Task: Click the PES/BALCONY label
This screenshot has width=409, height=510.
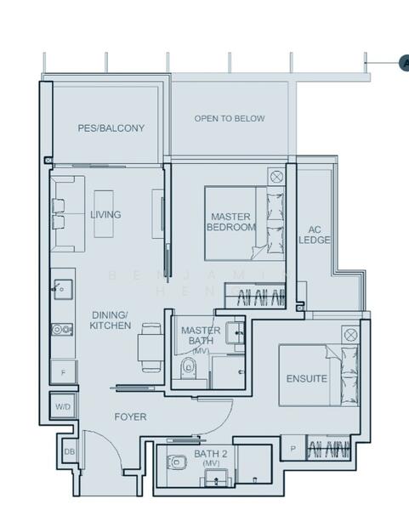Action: coord(111,128)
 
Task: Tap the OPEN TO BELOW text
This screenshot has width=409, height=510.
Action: coord(229,119)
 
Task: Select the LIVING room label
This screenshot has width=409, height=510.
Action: coord(105,214)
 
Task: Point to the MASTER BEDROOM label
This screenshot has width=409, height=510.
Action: coord(231,223)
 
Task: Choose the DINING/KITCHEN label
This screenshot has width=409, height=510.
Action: coord(111,320)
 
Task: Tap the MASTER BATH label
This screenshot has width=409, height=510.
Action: coord(201,336)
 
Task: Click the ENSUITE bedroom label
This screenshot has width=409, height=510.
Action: coord(306,379)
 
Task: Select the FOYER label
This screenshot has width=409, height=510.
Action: coord(131,417)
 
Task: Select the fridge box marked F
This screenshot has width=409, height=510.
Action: coord(63,372)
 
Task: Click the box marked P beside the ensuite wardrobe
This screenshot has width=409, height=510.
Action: coord(293,448)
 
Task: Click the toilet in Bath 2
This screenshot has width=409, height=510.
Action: coord(179,463)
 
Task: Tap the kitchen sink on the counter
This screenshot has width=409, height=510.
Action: coord(63,289)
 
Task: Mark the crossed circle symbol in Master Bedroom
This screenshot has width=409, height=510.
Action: coord(276,177)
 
